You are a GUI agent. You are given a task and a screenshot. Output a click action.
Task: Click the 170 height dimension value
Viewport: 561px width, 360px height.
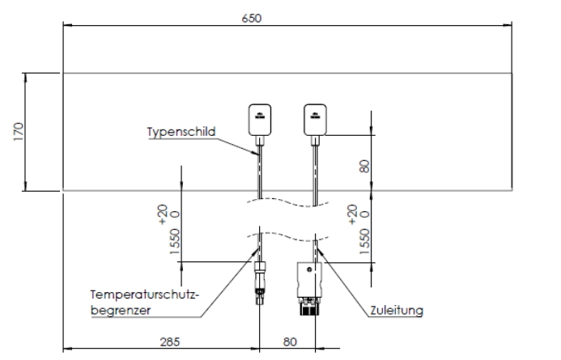click(x=18, y=132)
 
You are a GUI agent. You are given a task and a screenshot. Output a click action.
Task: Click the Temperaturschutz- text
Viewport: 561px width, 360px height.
click(x=144, y=295)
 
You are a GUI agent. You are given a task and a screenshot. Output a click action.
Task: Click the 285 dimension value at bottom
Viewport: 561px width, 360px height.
click(x=169, y=342)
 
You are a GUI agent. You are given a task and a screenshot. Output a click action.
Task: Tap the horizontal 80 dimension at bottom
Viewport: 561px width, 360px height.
click(x=288, y=342)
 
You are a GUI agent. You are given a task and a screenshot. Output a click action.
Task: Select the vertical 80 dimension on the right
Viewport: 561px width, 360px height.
click(x=365, y=166)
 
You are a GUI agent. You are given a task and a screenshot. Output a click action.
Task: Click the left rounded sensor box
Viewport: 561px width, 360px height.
click(x=260, y=119)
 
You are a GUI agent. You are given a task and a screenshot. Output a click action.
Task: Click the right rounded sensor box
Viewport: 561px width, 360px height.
click(x=316, y=119)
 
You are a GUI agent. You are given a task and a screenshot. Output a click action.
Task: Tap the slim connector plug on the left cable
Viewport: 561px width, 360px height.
click(x=259, y=279)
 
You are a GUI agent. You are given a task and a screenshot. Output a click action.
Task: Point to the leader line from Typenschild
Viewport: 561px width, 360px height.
click(x=237, y=145)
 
